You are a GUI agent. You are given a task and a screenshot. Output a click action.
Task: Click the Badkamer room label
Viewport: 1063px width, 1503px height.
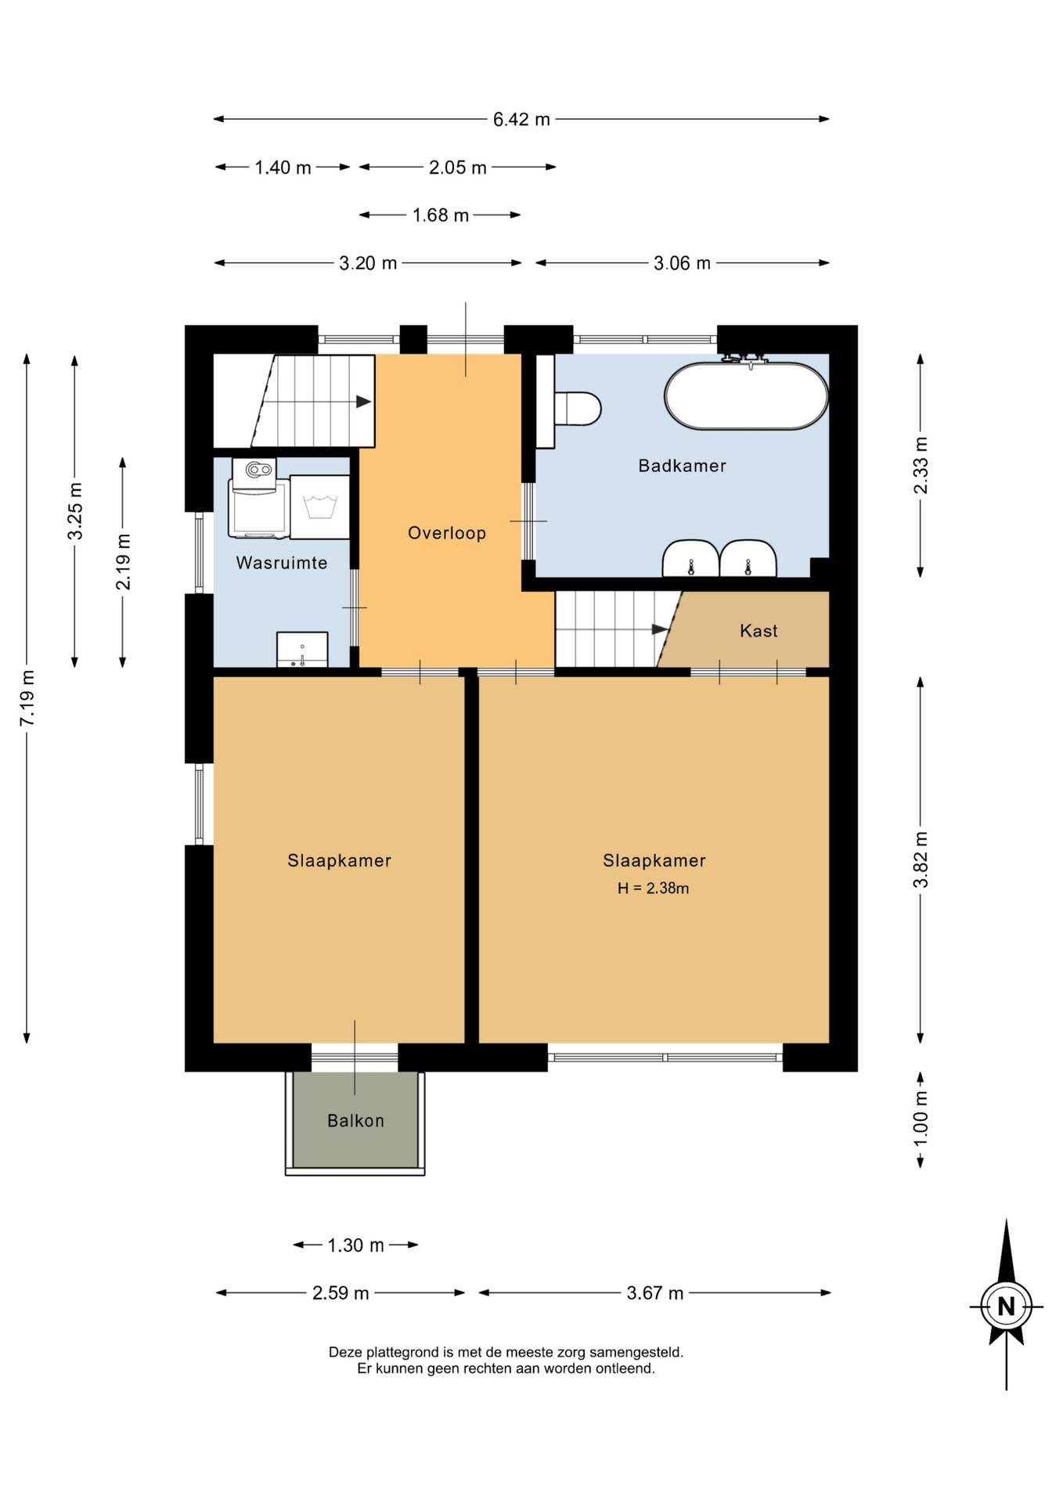[682, 466]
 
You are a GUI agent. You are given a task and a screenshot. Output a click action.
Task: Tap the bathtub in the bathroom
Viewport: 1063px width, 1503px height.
[746, 396]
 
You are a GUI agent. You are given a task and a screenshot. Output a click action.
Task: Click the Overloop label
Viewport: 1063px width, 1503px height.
[447, 533]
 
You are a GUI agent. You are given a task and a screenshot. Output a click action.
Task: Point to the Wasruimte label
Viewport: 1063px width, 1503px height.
[282, 563]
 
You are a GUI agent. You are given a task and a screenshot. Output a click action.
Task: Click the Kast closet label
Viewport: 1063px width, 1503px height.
[759, 631]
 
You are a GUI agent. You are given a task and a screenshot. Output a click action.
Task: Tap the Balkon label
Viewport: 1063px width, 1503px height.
[355, 1121]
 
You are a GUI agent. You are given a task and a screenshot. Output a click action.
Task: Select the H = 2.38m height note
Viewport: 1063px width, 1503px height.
[653, 888]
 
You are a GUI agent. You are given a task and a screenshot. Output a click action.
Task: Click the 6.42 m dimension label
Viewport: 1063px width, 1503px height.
[521, 120]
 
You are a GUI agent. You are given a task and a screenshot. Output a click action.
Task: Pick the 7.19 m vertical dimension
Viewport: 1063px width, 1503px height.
[28, 698]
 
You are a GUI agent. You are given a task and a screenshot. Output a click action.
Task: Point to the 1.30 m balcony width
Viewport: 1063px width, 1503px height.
[355, 1245]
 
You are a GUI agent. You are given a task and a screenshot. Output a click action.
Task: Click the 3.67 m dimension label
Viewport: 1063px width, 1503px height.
[654, 1293]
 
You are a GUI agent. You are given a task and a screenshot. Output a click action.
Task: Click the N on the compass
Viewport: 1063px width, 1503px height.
[1006, 1307]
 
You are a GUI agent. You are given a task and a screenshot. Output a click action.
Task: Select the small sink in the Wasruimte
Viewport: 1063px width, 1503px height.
[302, 650]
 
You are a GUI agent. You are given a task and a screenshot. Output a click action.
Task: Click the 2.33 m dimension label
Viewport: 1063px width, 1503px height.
[921, 466]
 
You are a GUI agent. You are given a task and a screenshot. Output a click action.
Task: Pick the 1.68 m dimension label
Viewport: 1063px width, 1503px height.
[441, 215]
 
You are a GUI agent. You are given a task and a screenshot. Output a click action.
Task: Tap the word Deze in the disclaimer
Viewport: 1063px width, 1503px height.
[345, 1352]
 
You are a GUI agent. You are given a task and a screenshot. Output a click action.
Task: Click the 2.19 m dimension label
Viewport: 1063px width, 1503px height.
[123, 562]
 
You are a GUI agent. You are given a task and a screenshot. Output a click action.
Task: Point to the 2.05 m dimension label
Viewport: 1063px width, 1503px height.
[457, 168]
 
